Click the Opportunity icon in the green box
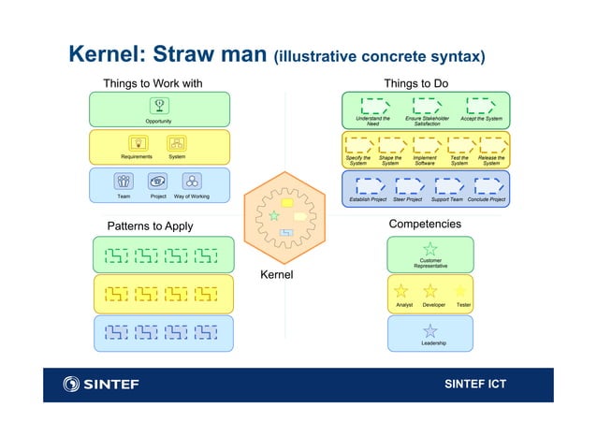158,106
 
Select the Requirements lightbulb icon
138,143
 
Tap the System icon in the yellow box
176,143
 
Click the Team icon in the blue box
124,182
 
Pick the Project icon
158,182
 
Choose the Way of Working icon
192,182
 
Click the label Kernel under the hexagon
276,275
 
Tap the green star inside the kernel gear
273,215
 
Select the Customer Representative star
430,249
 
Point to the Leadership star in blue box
430,330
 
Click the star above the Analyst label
401,291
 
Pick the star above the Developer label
430,291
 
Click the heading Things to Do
415,83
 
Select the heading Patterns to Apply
150,226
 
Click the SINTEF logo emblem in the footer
72,384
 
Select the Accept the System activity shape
481,105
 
